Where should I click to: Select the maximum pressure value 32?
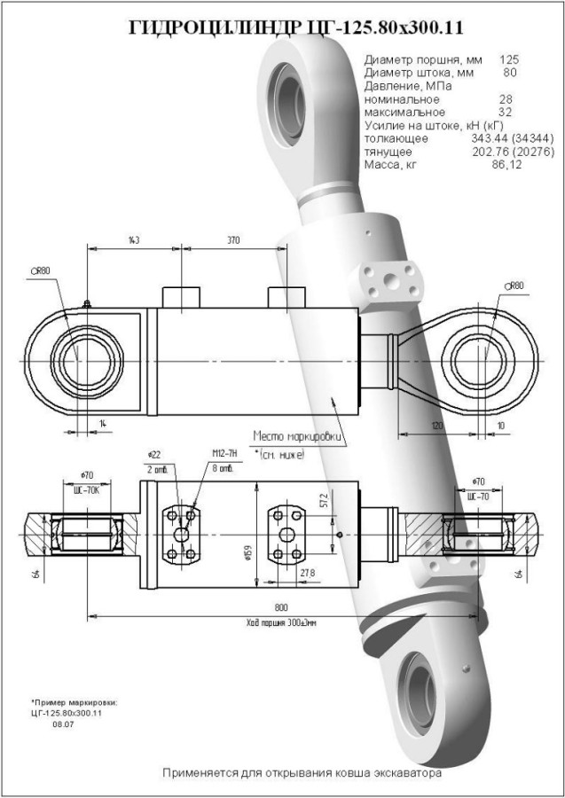pyautogui.click(x=506, y=113)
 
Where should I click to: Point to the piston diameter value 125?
pyautogui.click(x=509, y=59)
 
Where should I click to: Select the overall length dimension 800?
pyautogui.click(x=281, y=607)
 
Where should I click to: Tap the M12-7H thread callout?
pyautogui.click(x=222, y=454)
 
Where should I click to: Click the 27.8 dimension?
pyautogui.click(x=308, y=574)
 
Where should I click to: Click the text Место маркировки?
pyautogui.click(x=298, y=436)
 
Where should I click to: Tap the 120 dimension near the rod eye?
pyautogui.click(x=436, y=427)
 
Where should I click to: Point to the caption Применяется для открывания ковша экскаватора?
pyautogui.click(x=302, y=773)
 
